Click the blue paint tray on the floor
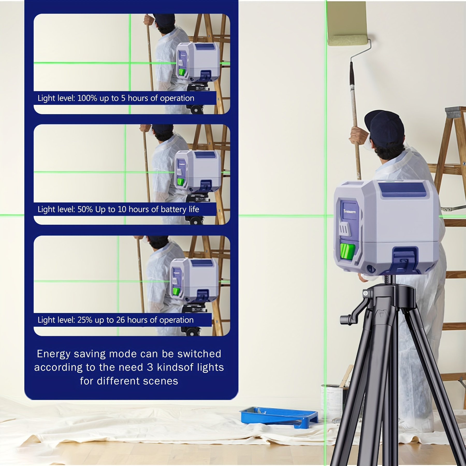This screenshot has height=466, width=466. click(279, 417)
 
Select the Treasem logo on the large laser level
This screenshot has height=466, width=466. click(349, 211)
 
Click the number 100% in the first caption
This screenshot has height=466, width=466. click(87, 98)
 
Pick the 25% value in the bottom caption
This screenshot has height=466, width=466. click(85, 320)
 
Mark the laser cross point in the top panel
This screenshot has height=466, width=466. click(129, 63)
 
